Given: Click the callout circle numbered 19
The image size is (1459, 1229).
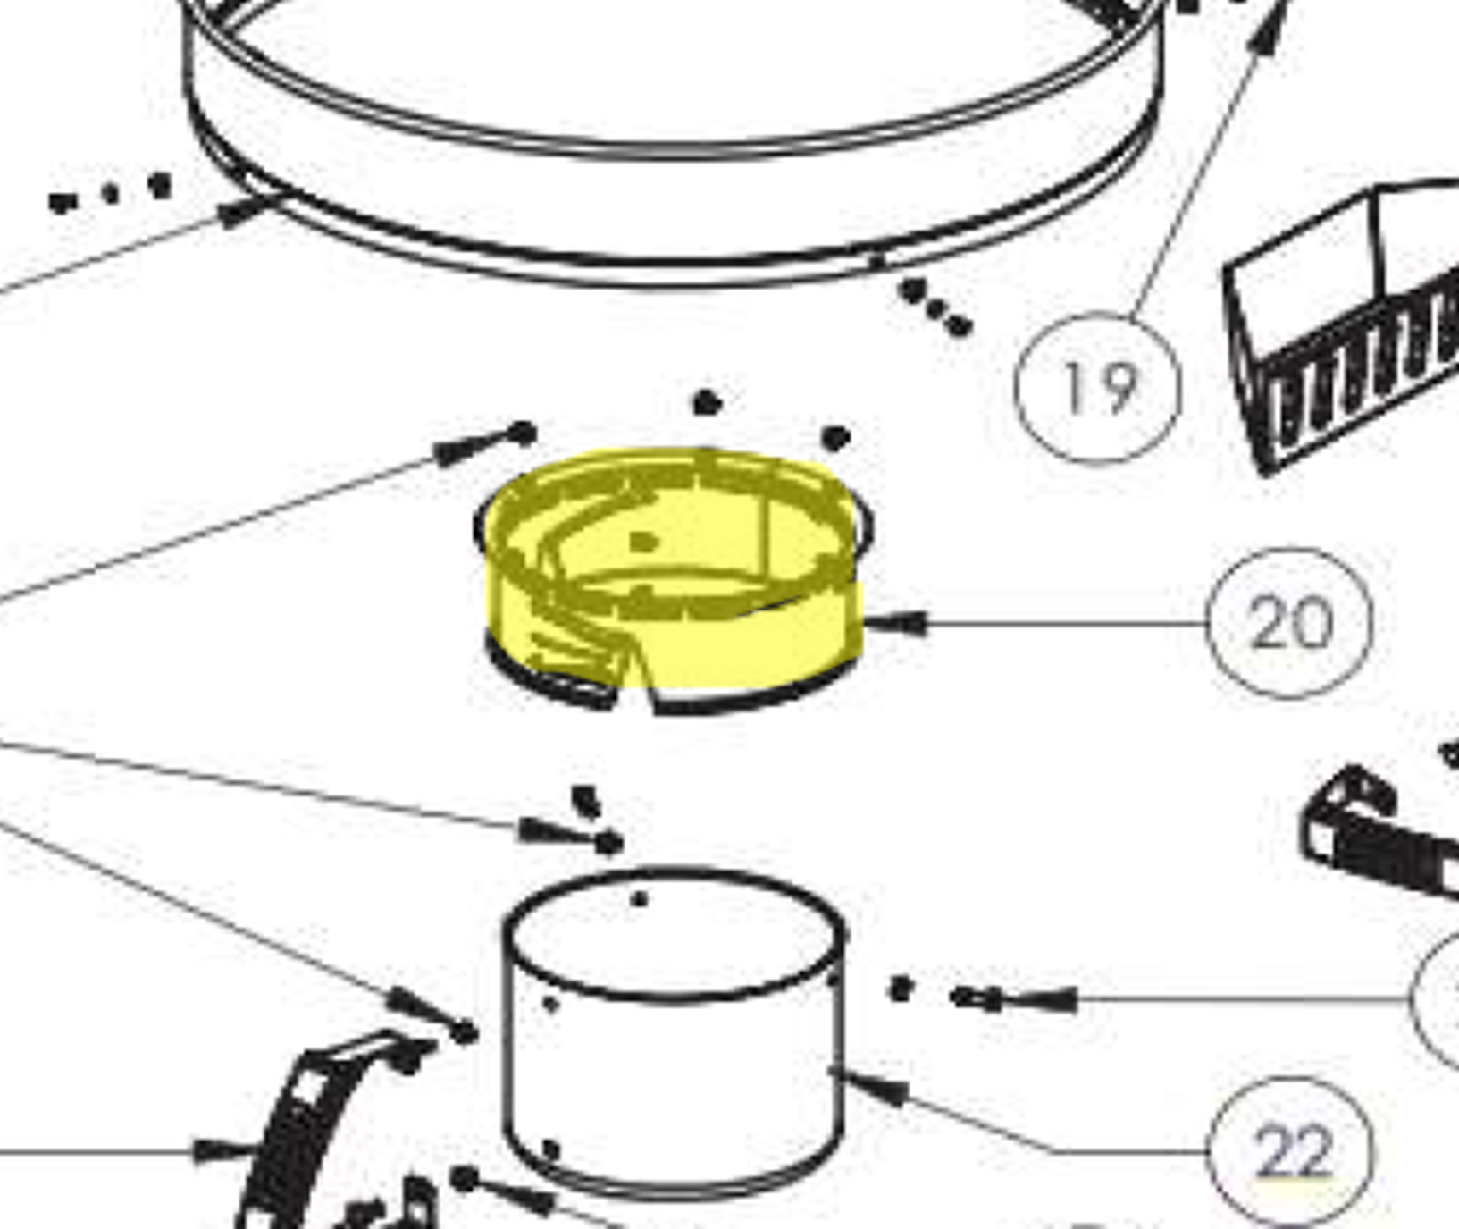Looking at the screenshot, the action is coord(1098,389).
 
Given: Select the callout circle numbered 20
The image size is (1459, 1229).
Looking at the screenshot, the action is coord(1288,623).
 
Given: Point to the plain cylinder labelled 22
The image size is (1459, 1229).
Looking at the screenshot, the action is coord(674,1032).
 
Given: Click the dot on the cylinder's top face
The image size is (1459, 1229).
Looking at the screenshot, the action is coord(639,899).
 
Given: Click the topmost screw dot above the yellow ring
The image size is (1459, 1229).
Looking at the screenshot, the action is coord(707,403).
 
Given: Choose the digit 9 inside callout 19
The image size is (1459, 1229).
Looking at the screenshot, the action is coord(1119,390).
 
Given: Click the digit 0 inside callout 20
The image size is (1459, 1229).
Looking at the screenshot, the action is coord(1312,624).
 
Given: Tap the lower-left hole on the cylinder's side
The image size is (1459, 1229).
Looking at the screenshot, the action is coord(550,1149).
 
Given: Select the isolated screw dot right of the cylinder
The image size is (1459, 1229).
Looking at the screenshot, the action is coord(901,989).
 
